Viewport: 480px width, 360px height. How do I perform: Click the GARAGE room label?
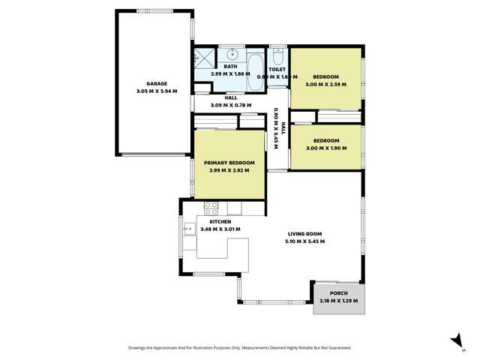[156, 83]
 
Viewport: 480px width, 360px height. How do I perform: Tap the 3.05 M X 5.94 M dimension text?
[156, 91]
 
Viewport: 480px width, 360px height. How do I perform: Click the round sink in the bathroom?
[233, 55]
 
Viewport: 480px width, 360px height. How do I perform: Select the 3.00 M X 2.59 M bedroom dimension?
[325, 84]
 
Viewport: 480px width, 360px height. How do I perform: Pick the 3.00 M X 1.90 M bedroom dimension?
[325, 148]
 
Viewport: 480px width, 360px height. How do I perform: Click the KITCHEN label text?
[220, 221]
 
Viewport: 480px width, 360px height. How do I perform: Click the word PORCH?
[339, 293]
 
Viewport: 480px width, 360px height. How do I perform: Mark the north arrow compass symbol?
[454, 341]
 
